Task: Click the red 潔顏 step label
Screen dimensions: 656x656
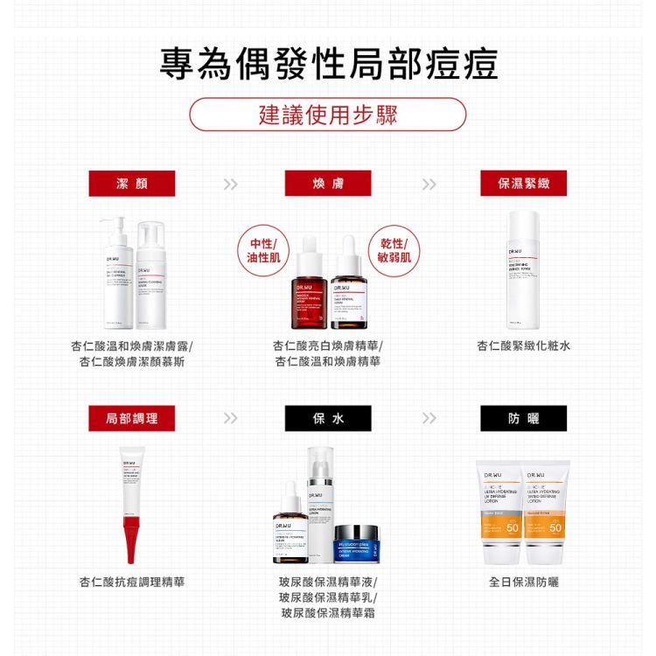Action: [132, 183]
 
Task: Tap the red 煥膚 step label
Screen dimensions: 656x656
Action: [328, 183]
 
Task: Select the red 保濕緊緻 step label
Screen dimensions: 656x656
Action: [523, 183]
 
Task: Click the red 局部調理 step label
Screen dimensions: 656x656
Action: [132, 418]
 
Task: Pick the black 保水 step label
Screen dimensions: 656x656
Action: [328, 418]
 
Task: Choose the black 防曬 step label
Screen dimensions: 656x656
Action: [523, 418]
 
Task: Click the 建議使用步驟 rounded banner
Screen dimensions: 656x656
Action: [328, 115]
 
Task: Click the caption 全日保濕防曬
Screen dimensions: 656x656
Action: [524, 582]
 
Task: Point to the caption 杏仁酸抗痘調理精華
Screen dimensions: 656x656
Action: [132, 582]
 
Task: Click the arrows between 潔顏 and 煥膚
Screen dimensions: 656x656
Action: [230, 184]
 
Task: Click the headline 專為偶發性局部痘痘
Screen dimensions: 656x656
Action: [328, 65]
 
